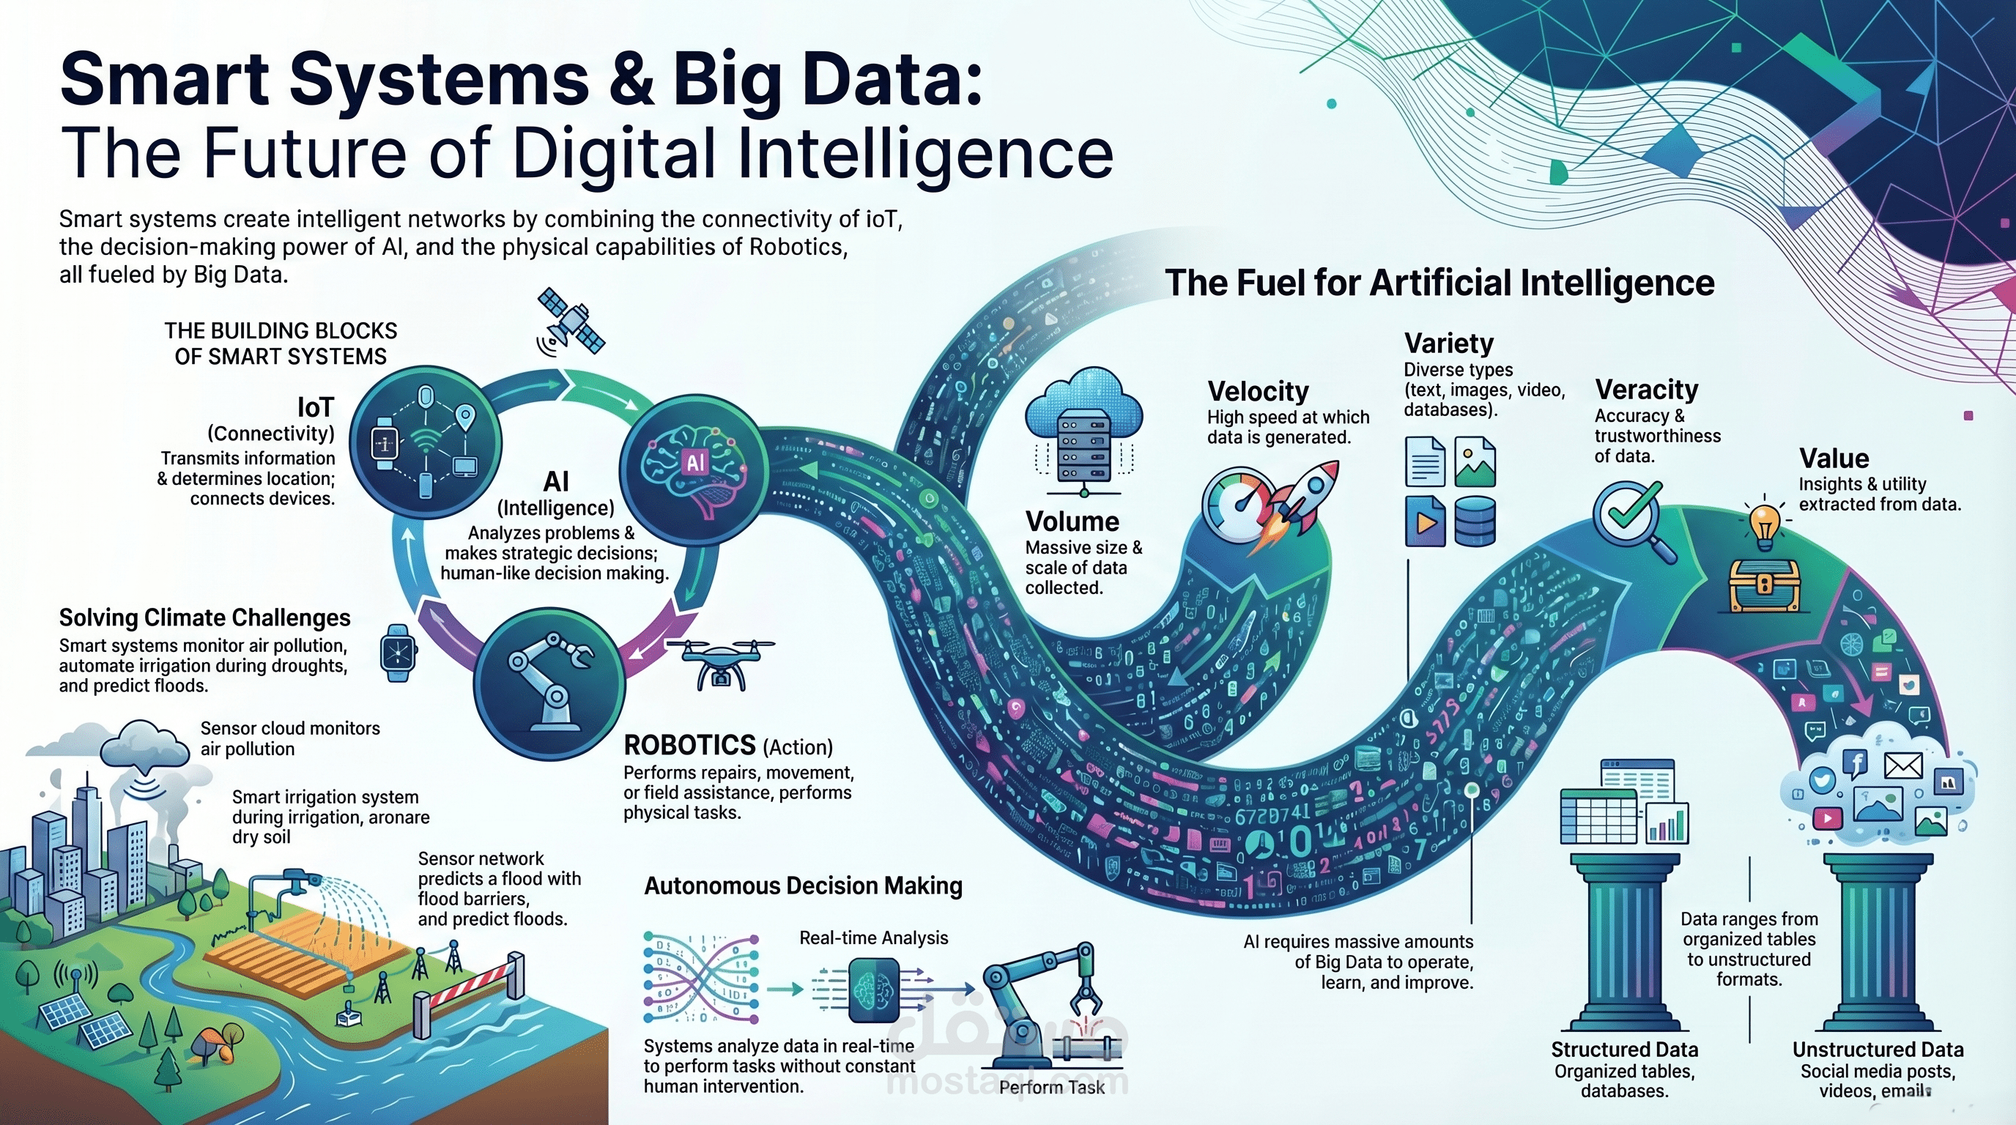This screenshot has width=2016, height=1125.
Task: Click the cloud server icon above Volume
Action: pos(1084,430)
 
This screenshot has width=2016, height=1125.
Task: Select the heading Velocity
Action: pos(1258,391)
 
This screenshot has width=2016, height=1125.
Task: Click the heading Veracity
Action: pos(1647,389)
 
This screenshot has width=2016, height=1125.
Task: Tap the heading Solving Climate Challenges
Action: pos(204,618)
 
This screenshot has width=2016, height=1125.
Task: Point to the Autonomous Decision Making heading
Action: pos(803,885)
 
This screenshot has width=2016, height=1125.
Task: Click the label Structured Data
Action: pos(1625,1049)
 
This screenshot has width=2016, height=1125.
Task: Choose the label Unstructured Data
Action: pos(1878,1049)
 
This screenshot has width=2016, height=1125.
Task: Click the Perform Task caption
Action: pos(1052,1088)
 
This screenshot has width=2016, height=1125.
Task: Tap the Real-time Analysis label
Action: pos(873,938)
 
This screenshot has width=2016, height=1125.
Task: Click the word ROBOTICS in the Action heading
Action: pos(689,745)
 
